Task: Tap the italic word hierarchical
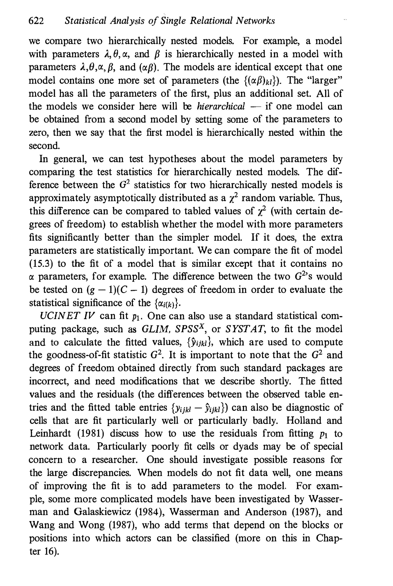221,107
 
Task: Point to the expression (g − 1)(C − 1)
116,290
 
